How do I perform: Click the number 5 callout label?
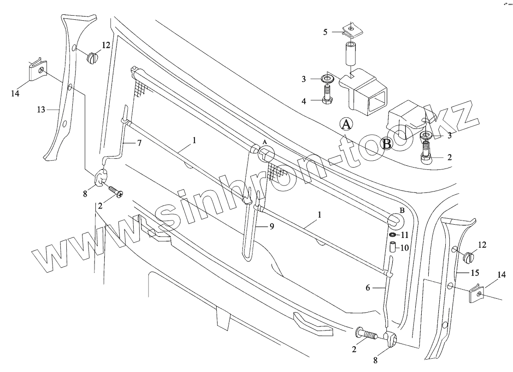click(325, 32)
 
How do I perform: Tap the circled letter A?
click(347, 124)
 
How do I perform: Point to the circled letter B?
click(387, 144)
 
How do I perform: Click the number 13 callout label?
click(41, 110)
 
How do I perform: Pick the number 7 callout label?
click(139, 143)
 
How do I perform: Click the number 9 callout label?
click(272, 226)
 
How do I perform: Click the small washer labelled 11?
click(392, 235)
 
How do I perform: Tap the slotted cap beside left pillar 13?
click(93, 58)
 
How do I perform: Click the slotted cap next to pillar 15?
click(470, 256)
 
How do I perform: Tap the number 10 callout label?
click(404, 248)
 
